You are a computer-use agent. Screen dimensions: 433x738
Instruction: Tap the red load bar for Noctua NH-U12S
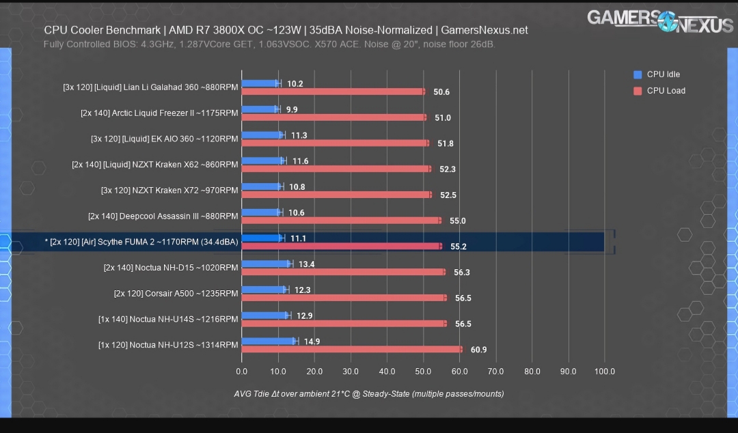tap(351, 350)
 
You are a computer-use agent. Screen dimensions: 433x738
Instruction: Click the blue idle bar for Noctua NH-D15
tap(266, 264)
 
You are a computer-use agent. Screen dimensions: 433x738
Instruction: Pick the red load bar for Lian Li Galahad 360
tap(333, 92)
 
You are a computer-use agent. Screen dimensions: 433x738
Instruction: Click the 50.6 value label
tap(441, 92)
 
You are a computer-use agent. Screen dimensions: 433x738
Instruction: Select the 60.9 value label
tap(478, 350)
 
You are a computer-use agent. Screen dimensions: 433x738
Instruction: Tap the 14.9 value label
tap(311, 341)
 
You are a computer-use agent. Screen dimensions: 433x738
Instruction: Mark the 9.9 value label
tap(292, 109)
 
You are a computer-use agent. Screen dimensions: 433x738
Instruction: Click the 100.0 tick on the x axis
tap(605, 372)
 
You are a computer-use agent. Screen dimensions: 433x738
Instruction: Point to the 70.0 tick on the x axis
tap(495, 372)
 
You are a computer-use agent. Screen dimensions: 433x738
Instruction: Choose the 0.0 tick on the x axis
tap(241, 372)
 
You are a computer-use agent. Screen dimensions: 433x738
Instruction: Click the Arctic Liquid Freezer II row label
tap(159, 113)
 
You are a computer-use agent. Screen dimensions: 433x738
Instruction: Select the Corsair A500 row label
tap(176, 294)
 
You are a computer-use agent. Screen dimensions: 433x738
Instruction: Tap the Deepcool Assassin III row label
tap(163, 216)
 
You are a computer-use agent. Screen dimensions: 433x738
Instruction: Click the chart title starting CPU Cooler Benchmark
tap(286, 31)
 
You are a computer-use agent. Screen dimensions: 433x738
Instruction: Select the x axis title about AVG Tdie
tap(368, 394)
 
